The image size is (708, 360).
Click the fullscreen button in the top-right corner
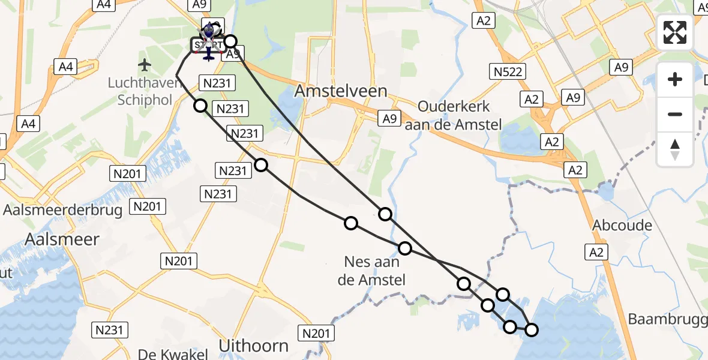[675, 32]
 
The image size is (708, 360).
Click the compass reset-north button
[675, 149]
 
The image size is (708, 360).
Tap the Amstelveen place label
[341, 91]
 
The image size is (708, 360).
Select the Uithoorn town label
[253, 346]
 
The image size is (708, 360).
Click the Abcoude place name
[622, 226]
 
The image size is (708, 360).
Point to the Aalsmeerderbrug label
[63, 210]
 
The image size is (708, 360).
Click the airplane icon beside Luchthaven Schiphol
[144, 64]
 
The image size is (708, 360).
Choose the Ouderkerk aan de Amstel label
[454, 115]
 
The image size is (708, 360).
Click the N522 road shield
[509, 73]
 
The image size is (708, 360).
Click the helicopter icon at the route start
[208, 37]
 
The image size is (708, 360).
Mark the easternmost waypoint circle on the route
[532, 329]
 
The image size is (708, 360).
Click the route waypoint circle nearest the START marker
[230, 42]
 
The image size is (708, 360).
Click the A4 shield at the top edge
[104, 5]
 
